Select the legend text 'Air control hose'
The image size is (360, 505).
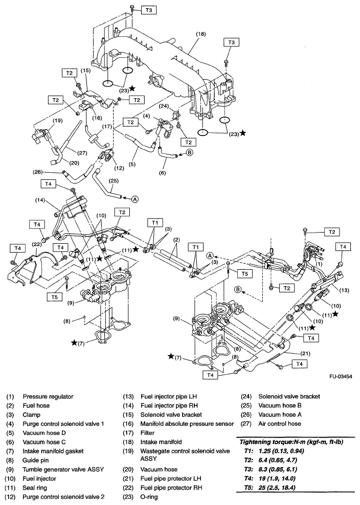280,424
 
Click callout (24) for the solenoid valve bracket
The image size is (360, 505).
163,106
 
